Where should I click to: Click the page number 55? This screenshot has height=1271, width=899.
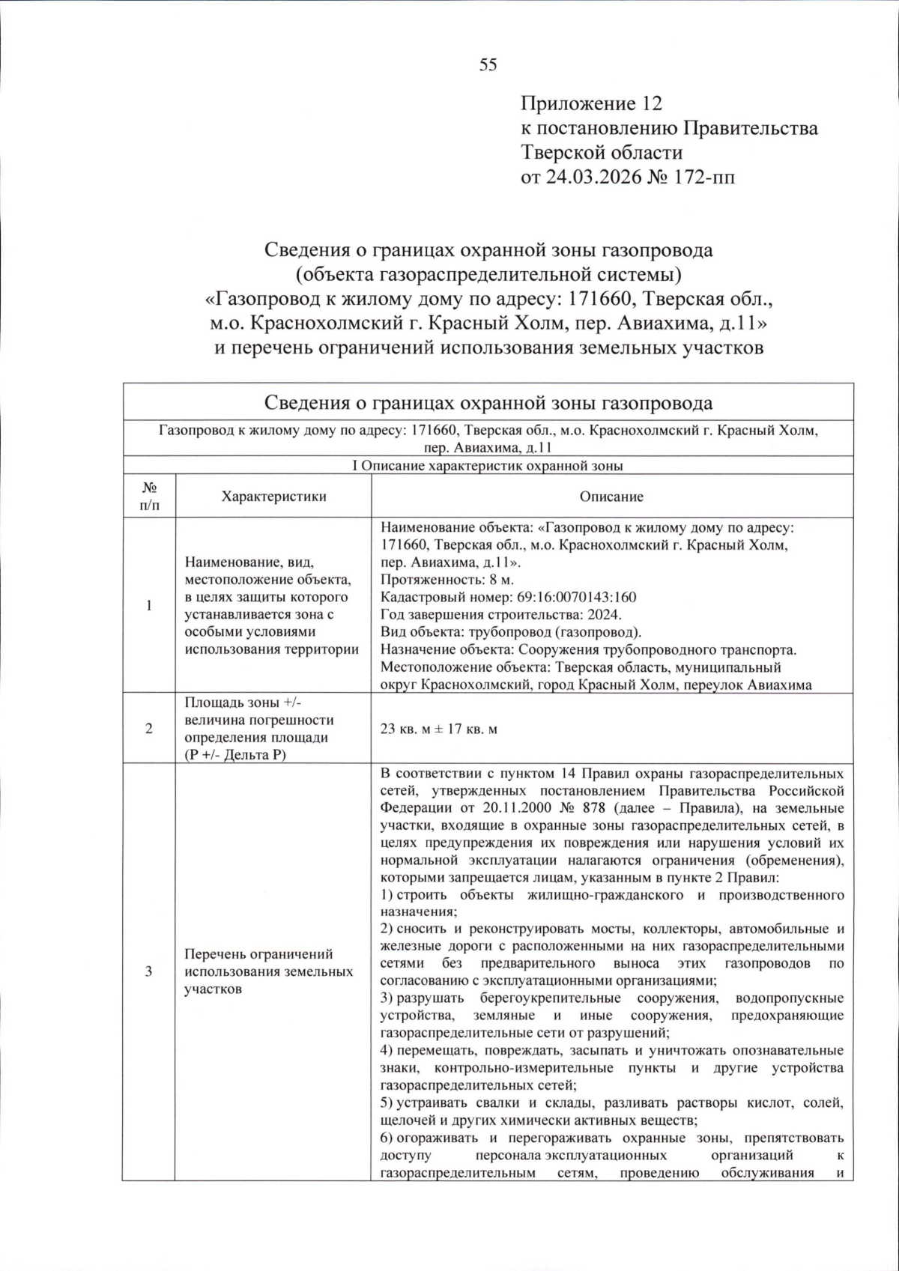point(488,65)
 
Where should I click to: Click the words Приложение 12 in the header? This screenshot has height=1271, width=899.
point(592,103)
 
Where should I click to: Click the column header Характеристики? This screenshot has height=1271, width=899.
point(273,496)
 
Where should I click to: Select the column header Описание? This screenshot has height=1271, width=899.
point(611,496)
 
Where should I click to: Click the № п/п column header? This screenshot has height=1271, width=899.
point(149,496)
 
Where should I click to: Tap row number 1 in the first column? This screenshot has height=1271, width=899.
point(149,605)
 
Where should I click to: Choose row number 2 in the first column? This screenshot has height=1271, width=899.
point(149,728)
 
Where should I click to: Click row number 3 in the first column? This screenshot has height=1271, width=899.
point(149,971)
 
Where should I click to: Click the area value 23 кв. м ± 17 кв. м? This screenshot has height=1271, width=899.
point(439,728)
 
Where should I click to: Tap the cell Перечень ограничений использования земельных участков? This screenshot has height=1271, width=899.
point(268,971)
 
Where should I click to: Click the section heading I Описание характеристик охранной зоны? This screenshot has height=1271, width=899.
point(488,465)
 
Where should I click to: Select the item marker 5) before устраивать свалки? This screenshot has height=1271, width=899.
point(387,1102)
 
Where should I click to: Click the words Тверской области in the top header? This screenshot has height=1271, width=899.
point(602,153)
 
